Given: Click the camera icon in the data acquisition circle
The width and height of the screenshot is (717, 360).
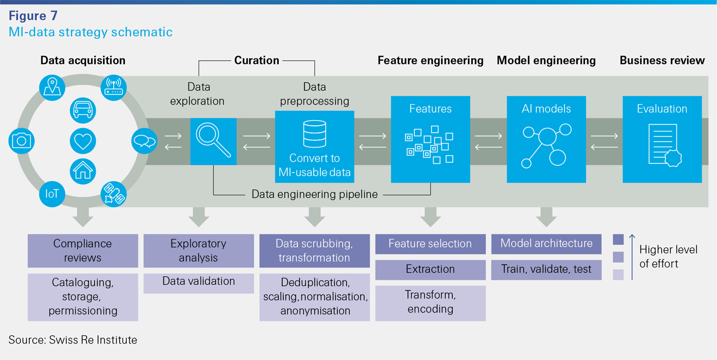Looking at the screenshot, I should pyautogui.click(x=21, y=141).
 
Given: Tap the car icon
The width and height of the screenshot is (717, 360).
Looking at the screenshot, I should pyautogui.click(x=83, y=110).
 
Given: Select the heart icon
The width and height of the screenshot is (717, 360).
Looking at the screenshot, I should pyautogui.click(x=83, y=141).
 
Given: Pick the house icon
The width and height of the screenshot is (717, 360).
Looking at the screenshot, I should pyautogui.click(x=83, y=171).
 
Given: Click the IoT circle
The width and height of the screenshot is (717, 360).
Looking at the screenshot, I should pyautogui.click(x=52, y=194).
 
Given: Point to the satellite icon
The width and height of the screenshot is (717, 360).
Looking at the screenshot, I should pyautogui.click(x=113, y=194).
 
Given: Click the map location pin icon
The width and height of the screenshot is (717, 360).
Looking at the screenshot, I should pyautogui.click(x=52, y=87).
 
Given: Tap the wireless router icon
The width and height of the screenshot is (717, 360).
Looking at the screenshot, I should pyautogui.click(x=113, y=87).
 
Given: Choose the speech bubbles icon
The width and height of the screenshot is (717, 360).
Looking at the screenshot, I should pyautogui.click(x=144, y=141).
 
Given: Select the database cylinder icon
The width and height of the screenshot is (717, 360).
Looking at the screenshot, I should pyautogui.click(x=314, y=134).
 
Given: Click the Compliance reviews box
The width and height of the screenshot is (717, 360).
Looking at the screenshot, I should pyautogui.click(x=83, y=251).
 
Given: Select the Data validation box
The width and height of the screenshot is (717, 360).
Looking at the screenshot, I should pyautogui.click(x=198, y=282).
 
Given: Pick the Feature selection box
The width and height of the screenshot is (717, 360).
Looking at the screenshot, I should pyautogui.click(x=430, y=244).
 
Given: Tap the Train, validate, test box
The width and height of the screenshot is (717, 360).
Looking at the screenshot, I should pyautogui.click(x=546, y=269).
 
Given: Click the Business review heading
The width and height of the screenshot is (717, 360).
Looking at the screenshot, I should pyautogui.click(x=662, y=61).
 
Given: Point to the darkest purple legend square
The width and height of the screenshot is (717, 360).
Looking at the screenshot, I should pyautogui.click(x=618, y=240).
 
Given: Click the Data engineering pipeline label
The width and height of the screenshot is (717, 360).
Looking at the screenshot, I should pyautogui.click(x=314, y=194).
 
